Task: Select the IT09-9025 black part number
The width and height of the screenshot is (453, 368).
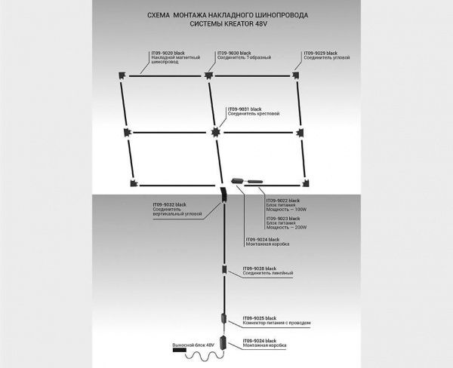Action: pos(260,318)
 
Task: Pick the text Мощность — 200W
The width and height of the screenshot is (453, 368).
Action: pos(287,226)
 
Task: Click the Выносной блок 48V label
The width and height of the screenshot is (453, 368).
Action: pos(194,344)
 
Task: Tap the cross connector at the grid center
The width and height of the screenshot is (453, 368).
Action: pos(216,131)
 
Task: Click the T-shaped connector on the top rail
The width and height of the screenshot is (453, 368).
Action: pos(209,74)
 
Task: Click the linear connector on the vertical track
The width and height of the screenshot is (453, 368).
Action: pos(224,271)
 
